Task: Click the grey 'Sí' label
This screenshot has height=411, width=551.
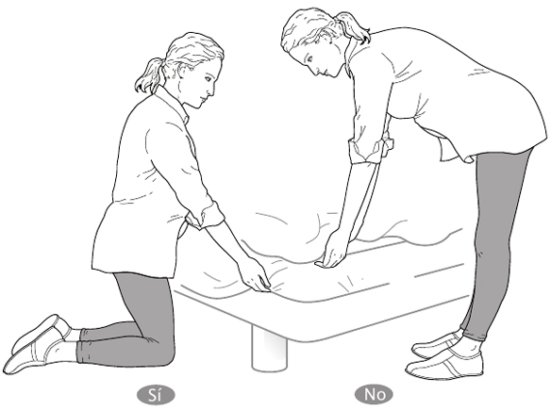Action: click(x=156, y=395)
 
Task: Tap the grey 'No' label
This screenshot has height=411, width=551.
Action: click(x=374, y=394)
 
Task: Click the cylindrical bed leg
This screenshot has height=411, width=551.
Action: click(x=269, y=350)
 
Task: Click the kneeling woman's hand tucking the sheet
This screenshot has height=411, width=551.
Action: click(x=256, y=275)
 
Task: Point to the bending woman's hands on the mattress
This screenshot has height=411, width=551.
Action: click(x=332, y=254)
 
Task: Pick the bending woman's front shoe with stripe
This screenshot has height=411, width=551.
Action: click(x=444, y=364)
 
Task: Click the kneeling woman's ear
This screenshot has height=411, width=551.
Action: click(x=183, y=72)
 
